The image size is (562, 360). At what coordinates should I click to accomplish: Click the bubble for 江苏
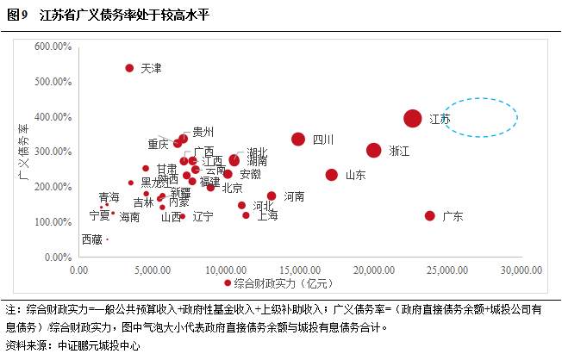click(x=413, y=119)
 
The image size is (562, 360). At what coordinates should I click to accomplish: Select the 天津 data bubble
click(x=129, y=67)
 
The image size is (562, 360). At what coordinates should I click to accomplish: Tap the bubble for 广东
click(x=430, y=215)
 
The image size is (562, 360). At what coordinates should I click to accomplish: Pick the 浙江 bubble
click(x=374, y=150)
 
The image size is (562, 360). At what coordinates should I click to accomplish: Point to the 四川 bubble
click(x=298, y=139)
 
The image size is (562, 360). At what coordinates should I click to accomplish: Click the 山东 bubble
click(x=332, y=174)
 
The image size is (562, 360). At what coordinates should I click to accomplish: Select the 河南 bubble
click(x=272, y=196)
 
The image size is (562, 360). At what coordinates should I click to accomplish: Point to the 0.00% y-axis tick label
click(x=60, y=257)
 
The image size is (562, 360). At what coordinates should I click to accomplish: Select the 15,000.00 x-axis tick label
click(x=299, y=270)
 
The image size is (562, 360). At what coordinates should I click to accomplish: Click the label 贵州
click(x=203, y=132)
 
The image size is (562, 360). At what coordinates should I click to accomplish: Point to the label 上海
click(x=266, y=216)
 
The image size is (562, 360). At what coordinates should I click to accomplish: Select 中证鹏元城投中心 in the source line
click(x=97, y=346)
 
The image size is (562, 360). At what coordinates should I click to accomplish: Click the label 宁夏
click(x=100, y=216)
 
